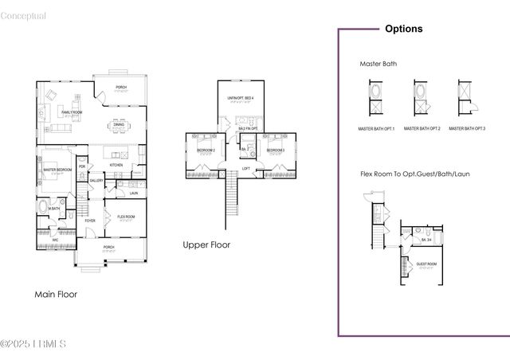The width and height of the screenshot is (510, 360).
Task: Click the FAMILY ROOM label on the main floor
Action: pyautogui.click(x=73, y=112)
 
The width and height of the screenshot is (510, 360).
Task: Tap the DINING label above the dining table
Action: pyautogui.click(x=118, y=124)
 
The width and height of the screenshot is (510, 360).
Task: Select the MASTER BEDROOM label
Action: pyautogui.click(x=57, y=170)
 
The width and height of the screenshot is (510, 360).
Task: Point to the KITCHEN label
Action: pyautogui.click(x=116, y=165)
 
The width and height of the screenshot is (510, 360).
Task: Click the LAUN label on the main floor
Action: pyautogui.click(x=133, y=193)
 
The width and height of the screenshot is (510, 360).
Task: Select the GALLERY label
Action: pyautogui.click(x=96, y=181)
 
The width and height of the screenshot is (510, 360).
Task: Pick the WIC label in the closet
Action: pyautogui.click(x=55, y=239)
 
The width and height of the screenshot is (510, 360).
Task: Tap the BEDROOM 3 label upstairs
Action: pyautogui.click(x=276, y=150)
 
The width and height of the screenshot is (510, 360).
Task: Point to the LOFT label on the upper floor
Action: pyautogui.click(x=246, y=168)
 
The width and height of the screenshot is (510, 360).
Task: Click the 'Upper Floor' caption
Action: pyautogui.click(x=206, y=245)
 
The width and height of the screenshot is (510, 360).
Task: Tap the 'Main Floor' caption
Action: pyautogui.click(x=56, y=294)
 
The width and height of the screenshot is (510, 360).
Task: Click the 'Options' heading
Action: pyautogui.click(x=404, y=29)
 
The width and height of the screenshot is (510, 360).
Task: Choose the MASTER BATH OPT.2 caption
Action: pyautogui.click(x=422, y=127)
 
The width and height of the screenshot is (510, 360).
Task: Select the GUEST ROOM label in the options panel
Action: pyautogui.click(x=426, y=263)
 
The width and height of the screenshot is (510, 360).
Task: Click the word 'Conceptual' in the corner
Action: pyautogui.click(x=24, y=16)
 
